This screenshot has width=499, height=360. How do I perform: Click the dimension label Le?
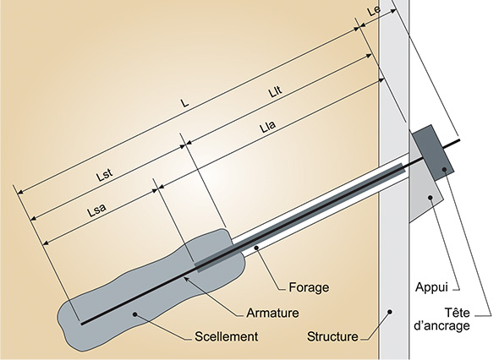374,10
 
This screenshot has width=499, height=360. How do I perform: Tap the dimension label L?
184,103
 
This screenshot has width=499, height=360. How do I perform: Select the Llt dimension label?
275,91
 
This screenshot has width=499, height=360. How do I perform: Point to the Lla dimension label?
267,127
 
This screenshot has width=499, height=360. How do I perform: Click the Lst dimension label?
105,175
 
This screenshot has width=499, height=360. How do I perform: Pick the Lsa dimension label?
96,210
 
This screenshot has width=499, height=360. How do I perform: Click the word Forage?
309,287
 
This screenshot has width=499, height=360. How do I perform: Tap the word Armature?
272,313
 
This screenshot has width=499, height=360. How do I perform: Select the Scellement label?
227,336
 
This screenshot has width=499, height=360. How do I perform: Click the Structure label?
332,336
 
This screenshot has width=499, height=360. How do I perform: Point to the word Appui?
431,287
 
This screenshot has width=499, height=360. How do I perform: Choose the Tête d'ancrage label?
442,319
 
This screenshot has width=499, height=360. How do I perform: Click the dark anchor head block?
433,153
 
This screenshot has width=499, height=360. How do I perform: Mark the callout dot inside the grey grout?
135,314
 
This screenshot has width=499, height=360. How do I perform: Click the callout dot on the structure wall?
390,312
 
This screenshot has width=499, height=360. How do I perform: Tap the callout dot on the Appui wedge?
430,198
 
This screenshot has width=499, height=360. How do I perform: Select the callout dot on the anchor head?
445,170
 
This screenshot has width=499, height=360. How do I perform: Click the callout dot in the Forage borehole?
256,247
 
